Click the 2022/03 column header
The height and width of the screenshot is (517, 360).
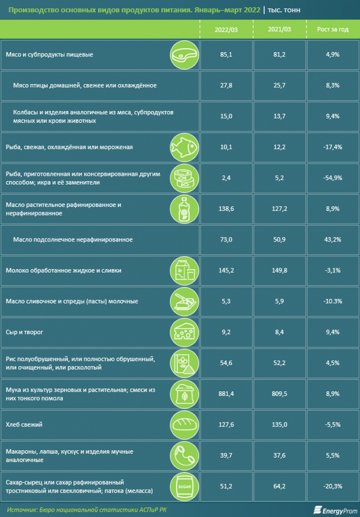[226, 29]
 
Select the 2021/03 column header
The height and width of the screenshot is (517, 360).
[279, 29]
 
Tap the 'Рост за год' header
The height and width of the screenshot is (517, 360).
[333, 29]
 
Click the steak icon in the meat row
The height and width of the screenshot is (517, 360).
[183, 55]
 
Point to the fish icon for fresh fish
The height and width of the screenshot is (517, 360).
[183, 147]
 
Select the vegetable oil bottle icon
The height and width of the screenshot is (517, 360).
[183, 209]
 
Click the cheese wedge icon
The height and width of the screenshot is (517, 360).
[183, 332]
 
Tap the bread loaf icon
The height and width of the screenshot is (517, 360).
[183, 425]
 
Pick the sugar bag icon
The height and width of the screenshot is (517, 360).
[183, 486]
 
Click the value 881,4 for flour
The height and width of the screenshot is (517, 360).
[226, 394]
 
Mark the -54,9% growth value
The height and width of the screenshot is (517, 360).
[333, 178]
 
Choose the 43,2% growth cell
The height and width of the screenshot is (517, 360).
[333, 240]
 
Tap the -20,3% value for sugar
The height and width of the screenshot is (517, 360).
[333, 486]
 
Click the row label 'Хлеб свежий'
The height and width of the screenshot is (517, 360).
[24, 425]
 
